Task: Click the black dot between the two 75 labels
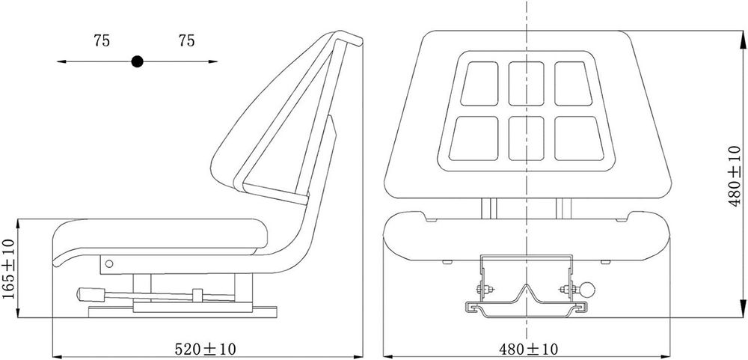[138, 61]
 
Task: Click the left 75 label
[102, 41]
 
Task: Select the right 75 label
[186, 41]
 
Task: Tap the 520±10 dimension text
[205, 349]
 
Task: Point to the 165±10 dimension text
[9, 269]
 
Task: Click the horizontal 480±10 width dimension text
[529, 349]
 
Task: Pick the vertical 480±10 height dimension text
[735, 176]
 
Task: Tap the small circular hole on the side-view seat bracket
[109, 263]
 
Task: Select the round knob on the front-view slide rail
[587, 290]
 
